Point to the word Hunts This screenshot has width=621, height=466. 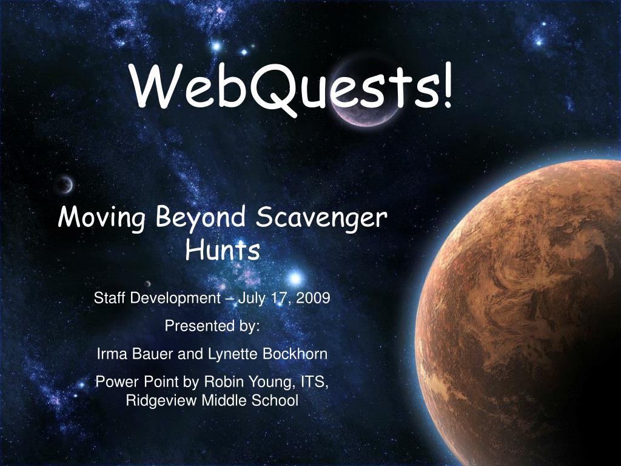(223, 249)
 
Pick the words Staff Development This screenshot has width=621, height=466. (157, 298)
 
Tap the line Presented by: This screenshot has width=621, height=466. (212, 326)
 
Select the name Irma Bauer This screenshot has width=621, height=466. (135, 354)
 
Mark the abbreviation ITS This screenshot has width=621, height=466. (314, 382)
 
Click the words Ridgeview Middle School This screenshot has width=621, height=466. (212, 400)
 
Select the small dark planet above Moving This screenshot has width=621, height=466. (65, 183)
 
